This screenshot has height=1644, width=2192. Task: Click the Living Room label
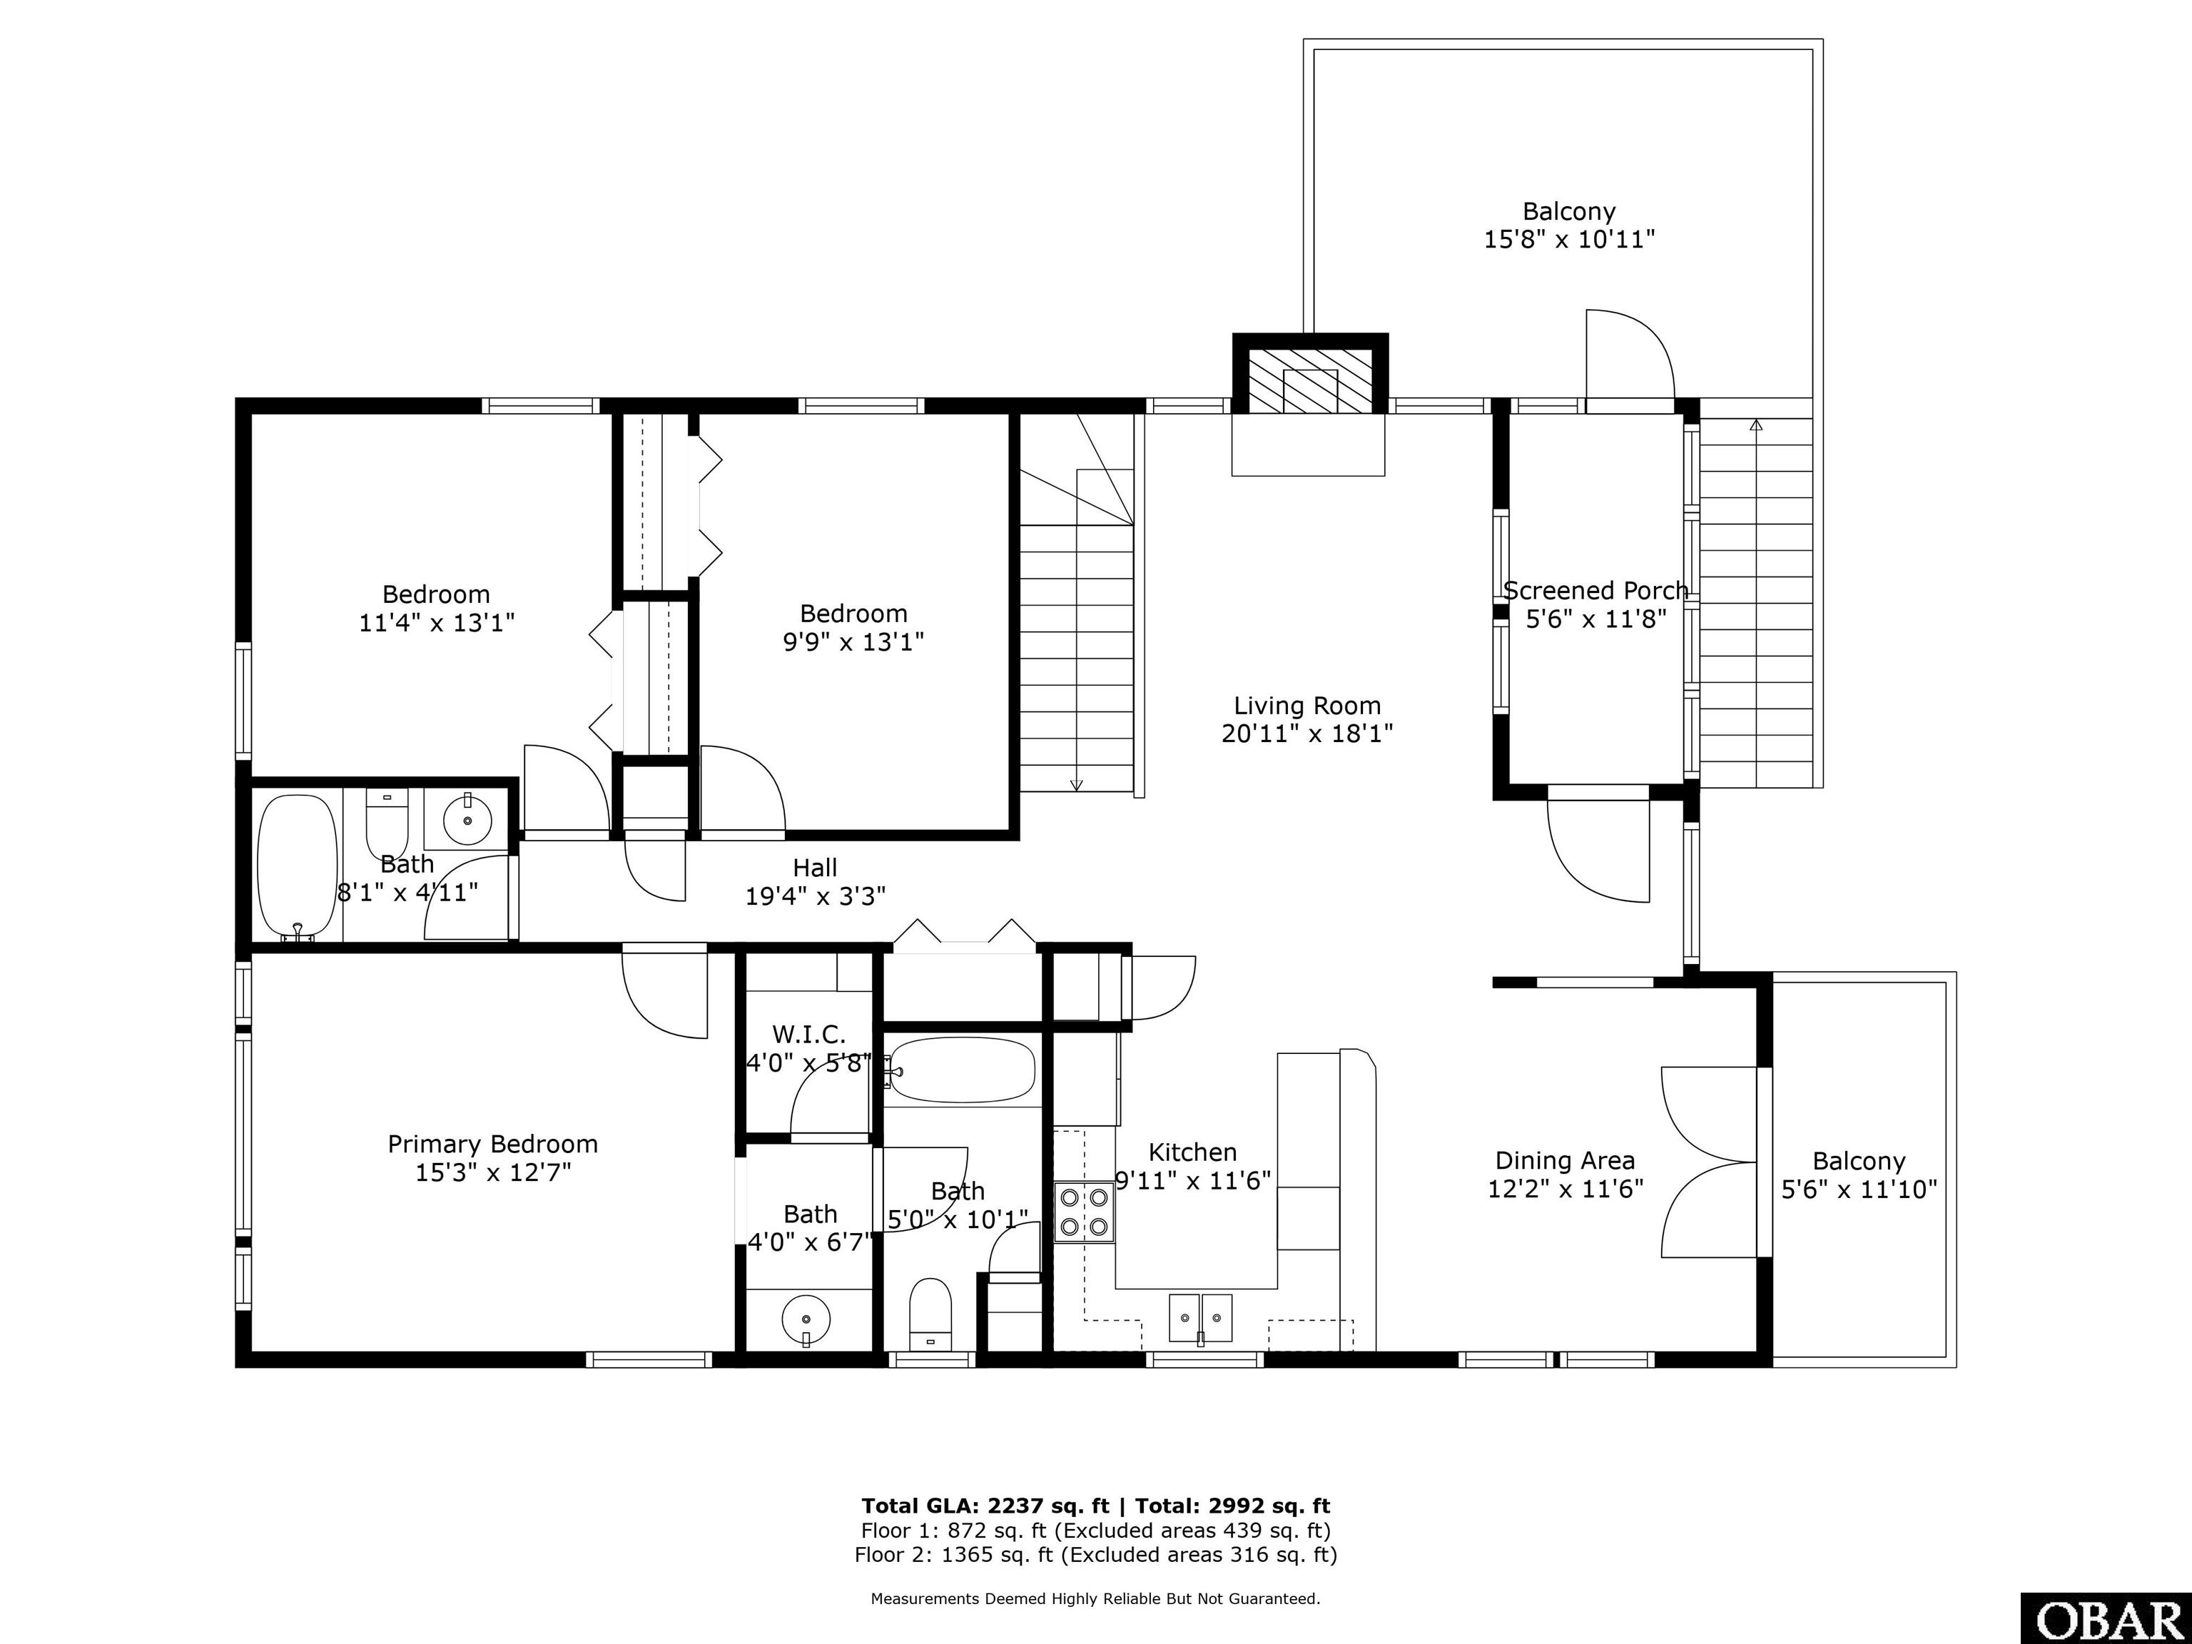click(x=1307, y=706)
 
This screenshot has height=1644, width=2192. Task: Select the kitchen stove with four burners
click(x=1084, y=1212)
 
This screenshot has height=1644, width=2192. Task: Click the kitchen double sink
click(x=1200, y=1318)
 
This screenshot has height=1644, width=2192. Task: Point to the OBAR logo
click(x=2105, y=1619)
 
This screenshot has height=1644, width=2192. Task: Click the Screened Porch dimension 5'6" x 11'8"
click(x=1595, y=619)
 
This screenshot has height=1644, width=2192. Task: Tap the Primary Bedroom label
click(x=492, y=1145)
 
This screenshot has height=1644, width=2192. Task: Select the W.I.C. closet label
click(x=808, y=1035)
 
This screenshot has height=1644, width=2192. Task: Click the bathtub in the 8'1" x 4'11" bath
click(x=298, y=866)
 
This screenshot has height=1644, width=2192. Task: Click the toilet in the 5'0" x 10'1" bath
click(x=930, y=1313)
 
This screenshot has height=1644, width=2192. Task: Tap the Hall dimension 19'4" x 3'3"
click(x=815, y=895)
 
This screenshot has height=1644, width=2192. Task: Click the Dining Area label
click(x=1565, y=1160)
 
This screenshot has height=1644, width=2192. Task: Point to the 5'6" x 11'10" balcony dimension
click(x=1859, y=1189)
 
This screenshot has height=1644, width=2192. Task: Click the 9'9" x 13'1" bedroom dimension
click(x=853, y=642)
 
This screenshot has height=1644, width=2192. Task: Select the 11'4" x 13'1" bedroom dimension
click(x=436, y=622)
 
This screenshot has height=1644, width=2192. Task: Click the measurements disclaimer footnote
click(x=1095, y=1598)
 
